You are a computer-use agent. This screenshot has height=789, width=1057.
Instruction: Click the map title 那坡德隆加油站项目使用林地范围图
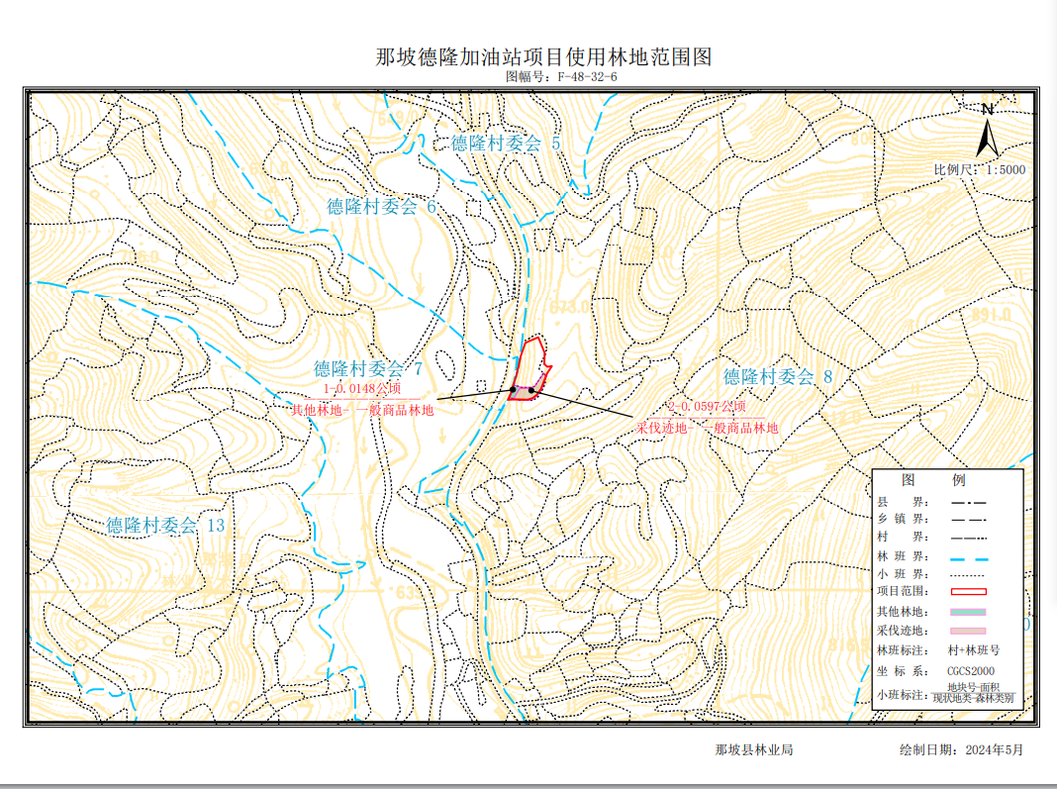[543, 56]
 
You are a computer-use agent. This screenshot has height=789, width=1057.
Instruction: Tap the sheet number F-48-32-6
[587, 76]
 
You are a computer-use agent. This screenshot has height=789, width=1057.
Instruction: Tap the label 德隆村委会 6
[381, 207]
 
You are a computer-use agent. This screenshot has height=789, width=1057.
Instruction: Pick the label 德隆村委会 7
[368, 369]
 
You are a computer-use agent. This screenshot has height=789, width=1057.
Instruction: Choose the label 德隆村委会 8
[778, 377]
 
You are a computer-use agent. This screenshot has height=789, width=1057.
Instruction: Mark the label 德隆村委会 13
[165, 526]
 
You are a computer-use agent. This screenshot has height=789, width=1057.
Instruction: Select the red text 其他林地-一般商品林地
[361, 409]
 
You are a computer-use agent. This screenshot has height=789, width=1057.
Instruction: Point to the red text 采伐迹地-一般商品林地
[707, 428]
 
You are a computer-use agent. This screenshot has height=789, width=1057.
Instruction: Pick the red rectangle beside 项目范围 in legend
[969, 592]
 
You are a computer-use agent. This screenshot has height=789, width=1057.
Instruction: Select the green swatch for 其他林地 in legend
[969, 612]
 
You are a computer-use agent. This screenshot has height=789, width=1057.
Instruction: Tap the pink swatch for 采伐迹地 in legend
[969, 631]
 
